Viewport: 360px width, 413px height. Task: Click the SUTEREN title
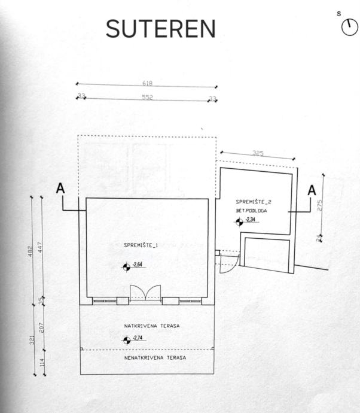point(160,29)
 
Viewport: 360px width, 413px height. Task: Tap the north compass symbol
point(349,27)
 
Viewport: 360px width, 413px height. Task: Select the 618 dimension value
point(147,83)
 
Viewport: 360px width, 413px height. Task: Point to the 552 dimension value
point(147,97)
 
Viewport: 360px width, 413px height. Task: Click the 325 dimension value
point(258,154)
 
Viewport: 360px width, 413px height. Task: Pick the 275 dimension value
point(319,205)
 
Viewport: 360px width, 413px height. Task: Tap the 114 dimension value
point(42,361)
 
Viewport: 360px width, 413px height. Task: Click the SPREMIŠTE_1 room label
point(141,245)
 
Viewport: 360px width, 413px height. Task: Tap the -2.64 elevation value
point(137,265)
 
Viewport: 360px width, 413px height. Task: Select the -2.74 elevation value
point(137,339)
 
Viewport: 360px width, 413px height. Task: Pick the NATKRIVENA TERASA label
point(152,326)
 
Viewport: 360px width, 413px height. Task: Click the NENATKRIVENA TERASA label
point(155,357)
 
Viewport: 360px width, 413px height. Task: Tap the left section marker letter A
point(60,188)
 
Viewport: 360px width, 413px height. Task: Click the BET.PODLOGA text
point(252,211)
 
